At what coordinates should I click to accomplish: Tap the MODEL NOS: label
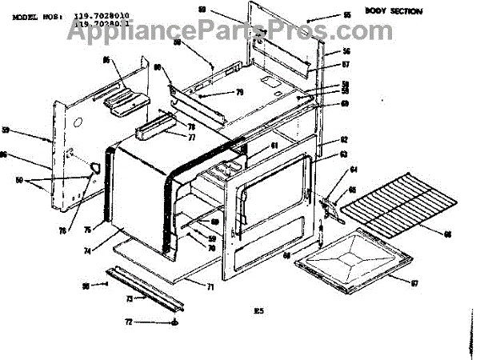pos(36,16)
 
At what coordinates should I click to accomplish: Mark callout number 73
pos(129,298)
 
